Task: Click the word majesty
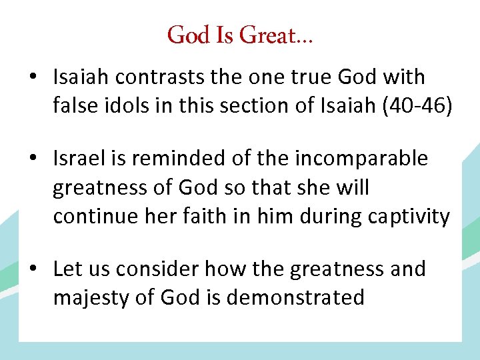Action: click(91, 297)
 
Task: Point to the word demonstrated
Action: click(295, 297)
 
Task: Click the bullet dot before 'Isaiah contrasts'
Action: click(32, 78)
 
